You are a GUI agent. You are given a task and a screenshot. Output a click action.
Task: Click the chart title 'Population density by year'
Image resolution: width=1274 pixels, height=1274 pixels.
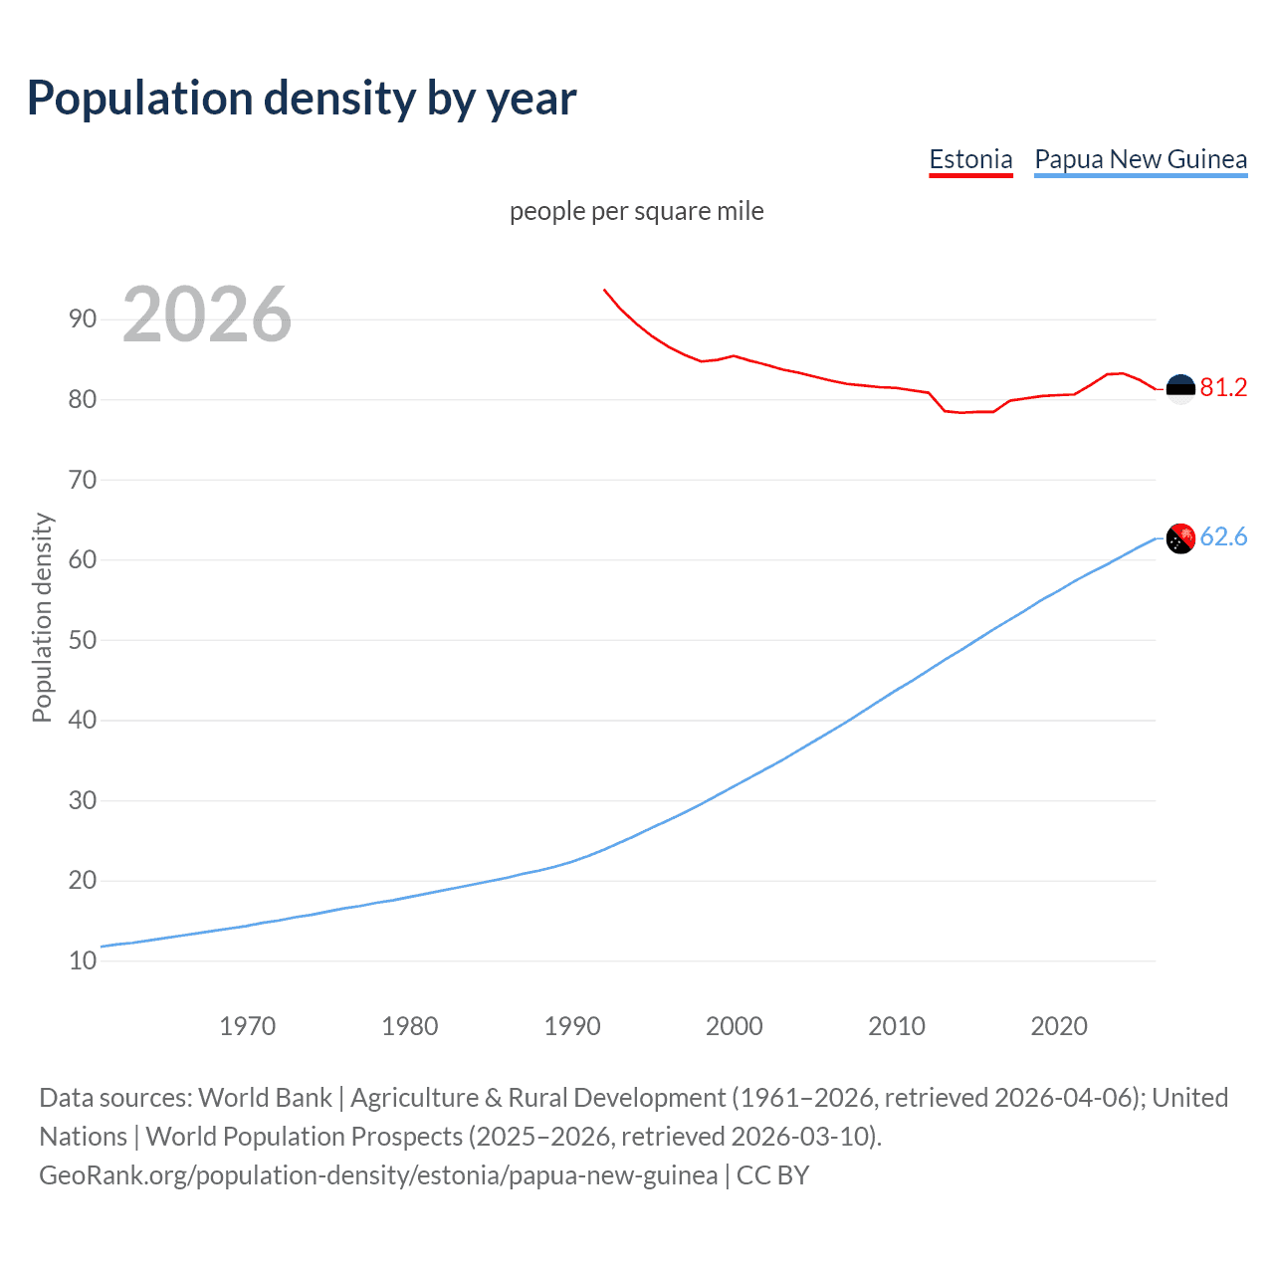click(x=302, y=99)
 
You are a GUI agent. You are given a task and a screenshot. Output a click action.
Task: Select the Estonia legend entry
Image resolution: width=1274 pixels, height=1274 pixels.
click(x=970, y=159)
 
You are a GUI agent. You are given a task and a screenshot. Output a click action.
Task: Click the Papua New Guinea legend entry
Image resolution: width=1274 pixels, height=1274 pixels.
click(x=1141, y=159)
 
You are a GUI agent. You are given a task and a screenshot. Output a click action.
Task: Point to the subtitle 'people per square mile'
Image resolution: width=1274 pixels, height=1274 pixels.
click(x=637, y=211)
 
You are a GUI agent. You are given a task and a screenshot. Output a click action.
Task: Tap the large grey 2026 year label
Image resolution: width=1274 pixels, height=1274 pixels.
click(x=207, y=315)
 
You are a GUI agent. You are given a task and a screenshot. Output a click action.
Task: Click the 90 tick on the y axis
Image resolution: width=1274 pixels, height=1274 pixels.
click(x=83, y=318)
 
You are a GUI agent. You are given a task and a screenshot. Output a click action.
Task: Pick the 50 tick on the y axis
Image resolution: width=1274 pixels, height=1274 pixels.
click(x=83, y=640)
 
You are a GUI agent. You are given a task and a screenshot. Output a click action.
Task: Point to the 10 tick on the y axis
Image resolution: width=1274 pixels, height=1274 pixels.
click(x=83, y=960)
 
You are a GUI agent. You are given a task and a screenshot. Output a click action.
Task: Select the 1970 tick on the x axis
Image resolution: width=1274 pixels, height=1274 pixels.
click(x=247, y=1026)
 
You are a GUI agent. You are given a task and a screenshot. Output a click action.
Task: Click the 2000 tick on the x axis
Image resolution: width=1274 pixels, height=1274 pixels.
click(x=734, y=1026)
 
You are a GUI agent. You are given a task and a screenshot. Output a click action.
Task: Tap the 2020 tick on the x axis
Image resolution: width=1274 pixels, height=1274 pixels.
click(x=1059, y=1026)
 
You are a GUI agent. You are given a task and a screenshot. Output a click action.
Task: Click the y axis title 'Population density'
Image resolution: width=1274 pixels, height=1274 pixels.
click(x=42, y=617)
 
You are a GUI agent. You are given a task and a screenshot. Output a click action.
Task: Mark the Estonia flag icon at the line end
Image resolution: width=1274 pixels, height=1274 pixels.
click(x=1180, y=389)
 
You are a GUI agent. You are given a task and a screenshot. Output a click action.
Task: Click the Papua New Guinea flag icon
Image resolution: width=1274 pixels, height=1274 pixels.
click(x=1180, y=538)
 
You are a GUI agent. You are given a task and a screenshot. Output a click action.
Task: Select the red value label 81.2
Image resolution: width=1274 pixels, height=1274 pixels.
click(x=1223, y=388)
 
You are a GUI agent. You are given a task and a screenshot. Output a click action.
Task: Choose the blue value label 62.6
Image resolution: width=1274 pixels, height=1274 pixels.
click(x=1223, y=537)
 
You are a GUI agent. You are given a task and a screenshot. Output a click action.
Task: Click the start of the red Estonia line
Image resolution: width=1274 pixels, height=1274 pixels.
click(x=604, y=290)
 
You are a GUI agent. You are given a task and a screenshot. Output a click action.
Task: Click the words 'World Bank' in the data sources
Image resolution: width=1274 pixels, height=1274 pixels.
click(x=265, y=1098)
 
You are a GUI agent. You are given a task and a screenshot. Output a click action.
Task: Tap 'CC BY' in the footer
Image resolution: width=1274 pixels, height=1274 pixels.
click(x=772, y=1175)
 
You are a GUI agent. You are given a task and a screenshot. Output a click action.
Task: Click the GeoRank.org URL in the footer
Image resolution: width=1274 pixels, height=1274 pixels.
click(x=378, y=1175)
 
